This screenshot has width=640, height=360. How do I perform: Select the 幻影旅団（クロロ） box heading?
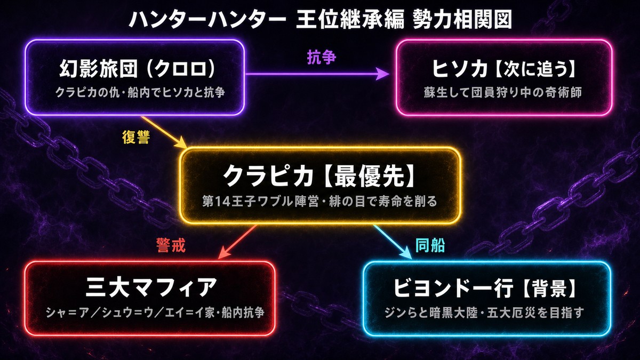click(x=137, y=69)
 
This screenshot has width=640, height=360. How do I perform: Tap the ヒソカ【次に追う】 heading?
click(x=503, y=69)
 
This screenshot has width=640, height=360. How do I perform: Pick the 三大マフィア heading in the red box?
click(x=151, y=287)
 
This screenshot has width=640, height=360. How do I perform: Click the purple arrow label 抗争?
click(x=322, y=58)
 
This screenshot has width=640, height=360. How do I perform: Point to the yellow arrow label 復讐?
click(x=136, y=137)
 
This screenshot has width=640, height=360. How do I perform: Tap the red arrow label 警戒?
click(x=171, y=245)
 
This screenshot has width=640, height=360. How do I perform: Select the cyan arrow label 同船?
click(x=430, y=245)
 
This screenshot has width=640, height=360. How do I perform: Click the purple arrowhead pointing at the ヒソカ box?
click(x=382, y=74)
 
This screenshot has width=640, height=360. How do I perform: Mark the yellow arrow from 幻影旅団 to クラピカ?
click(x=164, y=133)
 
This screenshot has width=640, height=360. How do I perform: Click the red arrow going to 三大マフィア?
click(x=237, y=242)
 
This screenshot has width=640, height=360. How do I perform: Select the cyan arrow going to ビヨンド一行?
click(x=393, y=242)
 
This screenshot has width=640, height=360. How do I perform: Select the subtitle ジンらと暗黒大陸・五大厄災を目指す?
click(x=484, y=313)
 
